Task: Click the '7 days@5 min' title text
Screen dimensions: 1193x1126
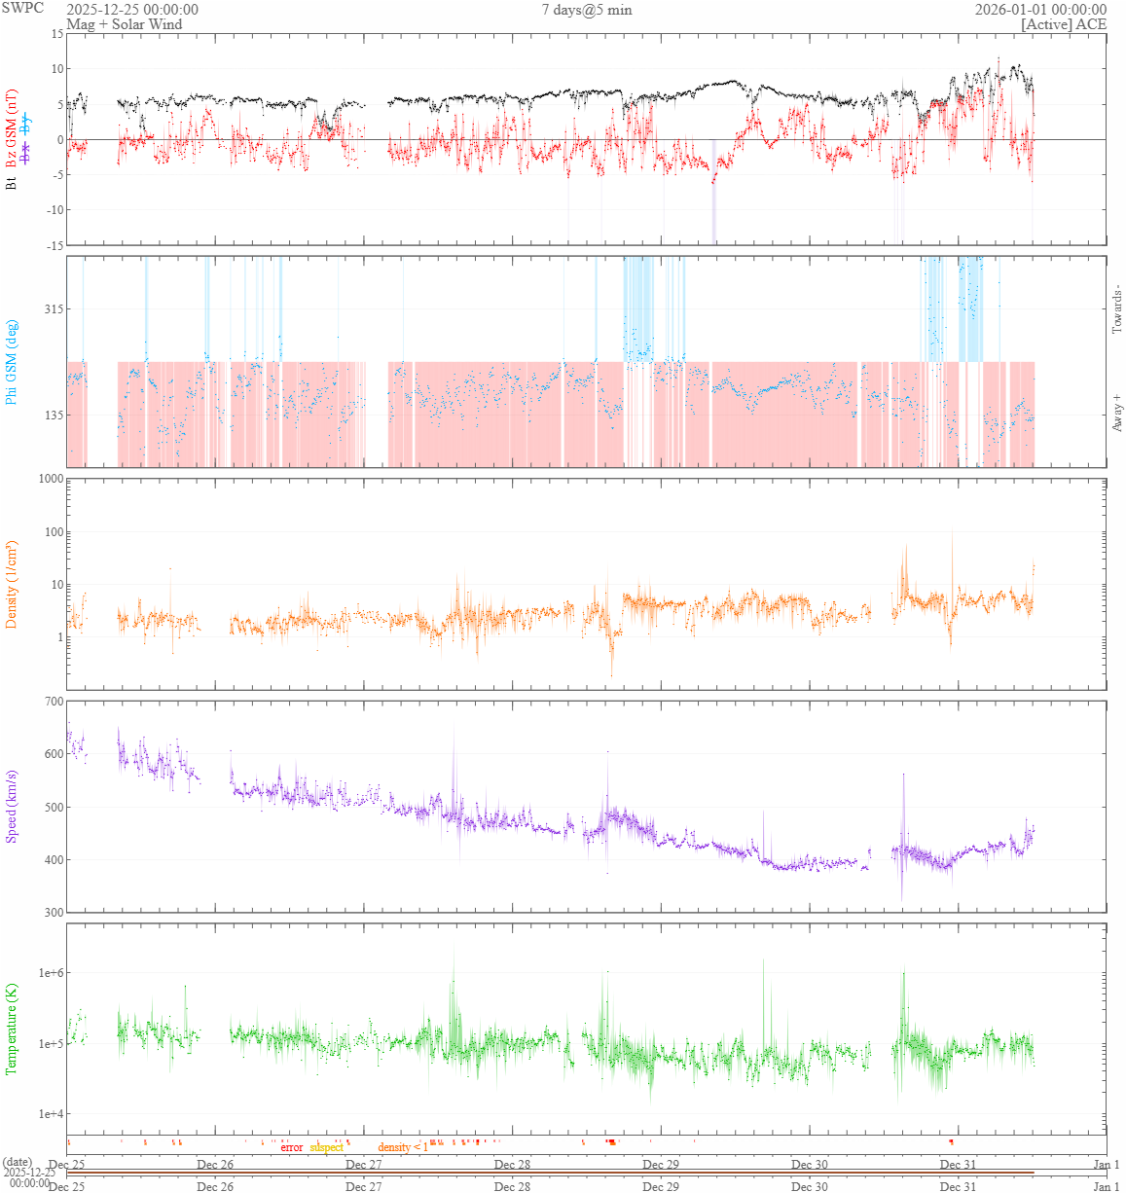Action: pyautogui.click(x=587, y=10)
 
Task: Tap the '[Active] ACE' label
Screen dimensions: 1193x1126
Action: pyautogui.click(x=1064, y=24)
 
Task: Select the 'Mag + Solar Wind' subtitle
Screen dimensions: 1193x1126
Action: pyautogui.click(x=124, y=24)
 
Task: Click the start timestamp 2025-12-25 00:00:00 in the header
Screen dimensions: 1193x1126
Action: pyautogui.click(x=132, y=10)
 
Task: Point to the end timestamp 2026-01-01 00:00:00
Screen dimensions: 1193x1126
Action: pyautogui.click(x=1040, y=10)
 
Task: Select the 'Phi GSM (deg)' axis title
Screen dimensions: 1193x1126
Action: pyautogui.click(x=12, y=362)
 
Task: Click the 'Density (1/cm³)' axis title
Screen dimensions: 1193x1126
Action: pyautogui.click(x=12, y=584)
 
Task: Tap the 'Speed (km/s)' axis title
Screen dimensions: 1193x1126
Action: pyautogui.click(x=12, y=807)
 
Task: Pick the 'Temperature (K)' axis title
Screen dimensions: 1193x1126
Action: pyautogui.click(x=12, y=1029)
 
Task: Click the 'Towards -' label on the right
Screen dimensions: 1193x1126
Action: pyautogui.click(x=1116, y=309)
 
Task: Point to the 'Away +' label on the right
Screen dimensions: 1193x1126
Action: pyautogui.click(x=1116, y=414)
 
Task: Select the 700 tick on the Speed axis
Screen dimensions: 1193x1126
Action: pyautogui.click(x=53, y=702)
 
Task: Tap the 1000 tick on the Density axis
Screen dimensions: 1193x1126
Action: pyautogui.click(x=50, y=479)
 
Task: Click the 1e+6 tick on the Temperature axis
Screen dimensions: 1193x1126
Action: pyautogui.click(x=49, y=973)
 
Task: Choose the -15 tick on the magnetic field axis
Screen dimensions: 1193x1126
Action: pyautogui.click(x=54, y=245)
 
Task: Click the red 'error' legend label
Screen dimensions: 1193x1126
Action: pyautogui.click(x=292, y=1147)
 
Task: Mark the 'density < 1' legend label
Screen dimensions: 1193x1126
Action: pyautogui.click(x=403, y=1147)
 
